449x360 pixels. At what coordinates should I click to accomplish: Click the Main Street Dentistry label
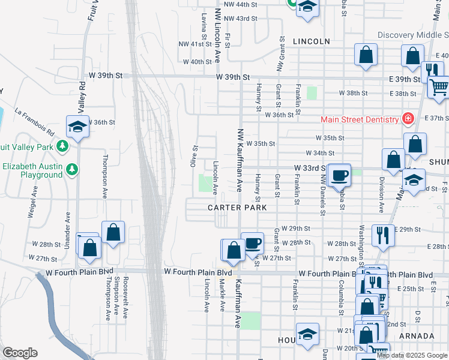360,119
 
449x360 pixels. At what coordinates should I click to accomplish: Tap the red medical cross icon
408,119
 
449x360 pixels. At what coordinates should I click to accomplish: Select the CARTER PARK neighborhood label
237,208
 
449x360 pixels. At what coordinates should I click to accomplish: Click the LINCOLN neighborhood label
312,41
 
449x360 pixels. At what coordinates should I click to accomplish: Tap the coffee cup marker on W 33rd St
339,174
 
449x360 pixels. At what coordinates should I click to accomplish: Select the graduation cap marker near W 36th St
77,127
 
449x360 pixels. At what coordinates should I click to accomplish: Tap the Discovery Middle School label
413,35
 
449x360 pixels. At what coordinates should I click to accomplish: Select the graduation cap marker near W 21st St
307,334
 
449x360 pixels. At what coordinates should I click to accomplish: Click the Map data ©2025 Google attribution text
412,355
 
